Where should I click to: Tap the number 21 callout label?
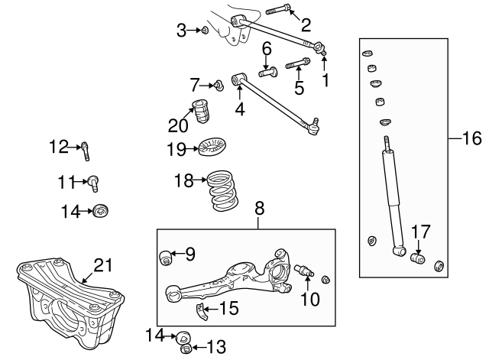point(103,265)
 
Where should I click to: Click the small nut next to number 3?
point(205,31)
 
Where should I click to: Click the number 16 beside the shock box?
point(473,138)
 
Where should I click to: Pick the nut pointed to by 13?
point(184,349)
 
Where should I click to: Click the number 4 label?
point(240,109)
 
